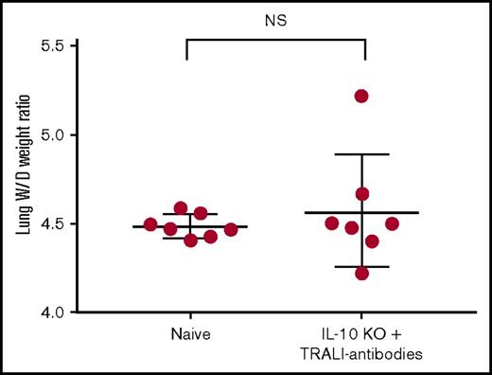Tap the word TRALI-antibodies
(x=364, y=353)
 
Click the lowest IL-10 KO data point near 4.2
(x=361, y=274)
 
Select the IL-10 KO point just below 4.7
(x=361, y=194)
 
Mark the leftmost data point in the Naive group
(x=150, y=224)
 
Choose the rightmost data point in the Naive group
(x=231, y=229)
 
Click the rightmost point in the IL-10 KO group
(x=392, y=223)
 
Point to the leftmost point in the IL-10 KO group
(x=331, y=223)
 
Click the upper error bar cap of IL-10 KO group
(x=361, y=154)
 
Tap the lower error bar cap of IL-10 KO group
(x=361, y=267)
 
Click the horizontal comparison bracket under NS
(x=275, y=39)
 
